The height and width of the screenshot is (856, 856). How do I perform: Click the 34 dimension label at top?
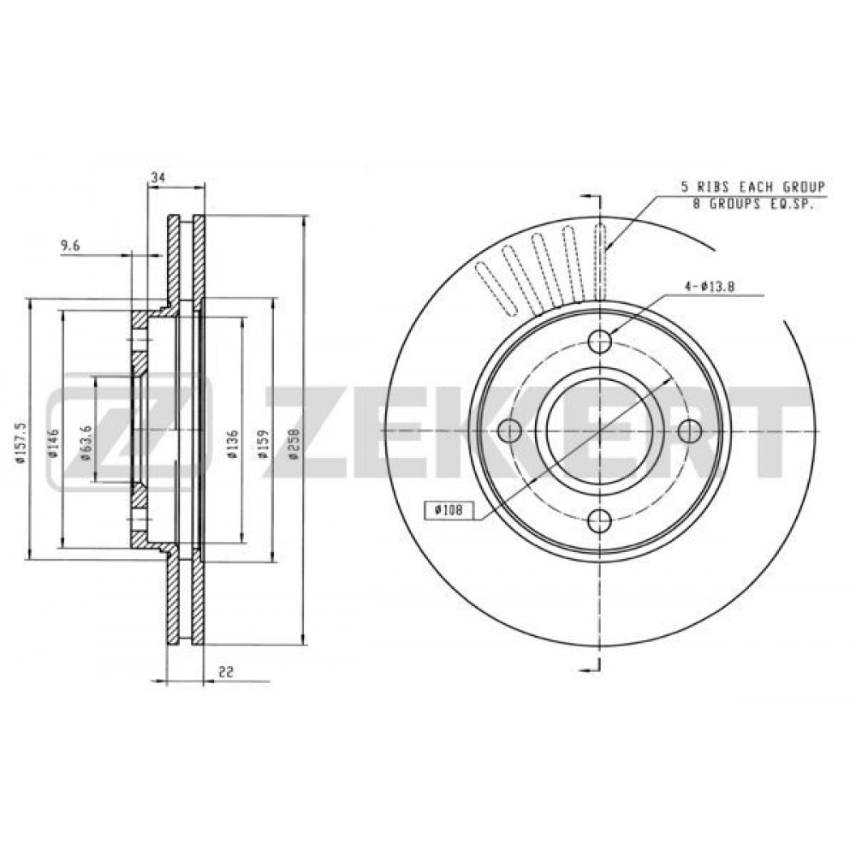158,177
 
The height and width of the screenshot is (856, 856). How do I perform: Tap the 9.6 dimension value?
70,247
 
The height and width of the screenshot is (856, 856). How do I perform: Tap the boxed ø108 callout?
449,510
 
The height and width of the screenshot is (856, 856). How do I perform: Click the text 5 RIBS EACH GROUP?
752,187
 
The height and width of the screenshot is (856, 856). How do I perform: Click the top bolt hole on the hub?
600,342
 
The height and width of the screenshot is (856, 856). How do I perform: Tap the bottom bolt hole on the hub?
600,520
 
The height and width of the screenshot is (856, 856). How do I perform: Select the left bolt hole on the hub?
510,431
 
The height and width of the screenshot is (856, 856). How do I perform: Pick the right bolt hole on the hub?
689,431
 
